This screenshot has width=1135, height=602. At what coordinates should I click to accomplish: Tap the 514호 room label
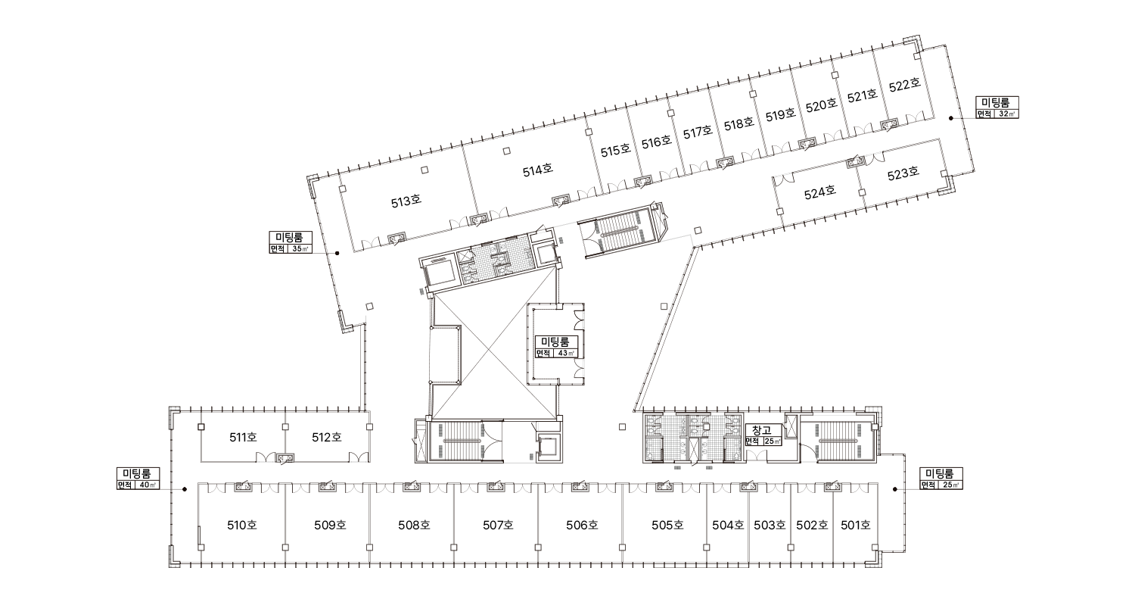click(x=537, y=170)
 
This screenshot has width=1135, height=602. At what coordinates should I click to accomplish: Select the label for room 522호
click(x=904, y=85)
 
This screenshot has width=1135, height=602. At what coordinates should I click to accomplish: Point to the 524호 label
click(x=819, y=192)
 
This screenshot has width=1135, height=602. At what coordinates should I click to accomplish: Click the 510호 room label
click(x=242, y=525)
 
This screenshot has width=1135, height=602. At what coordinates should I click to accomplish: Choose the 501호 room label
click(x=856, y=525)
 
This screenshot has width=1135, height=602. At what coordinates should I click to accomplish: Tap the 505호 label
click(x=667, y=525)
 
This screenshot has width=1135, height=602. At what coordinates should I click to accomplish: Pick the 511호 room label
click(x=243, y=437)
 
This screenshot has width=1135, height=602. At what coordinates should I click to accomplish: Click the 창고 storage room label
click(x=762, y=431)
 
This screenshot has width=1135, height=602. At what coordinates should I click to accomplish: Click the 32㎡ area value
click(x=1006, y=114)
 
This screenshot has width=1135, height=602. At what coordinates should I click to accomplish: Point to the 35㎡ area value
click(x=300, y=248)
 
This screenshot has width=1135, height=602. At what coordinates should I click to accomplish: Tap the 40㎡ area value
click(x=148, y=485)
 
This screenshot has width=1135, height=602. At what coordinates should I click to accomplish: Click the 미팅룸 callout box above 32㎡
click(x=997, y=102)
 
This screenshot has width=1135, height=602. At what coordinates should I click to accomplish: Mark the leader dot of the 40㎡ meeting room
click(x=185, y=489)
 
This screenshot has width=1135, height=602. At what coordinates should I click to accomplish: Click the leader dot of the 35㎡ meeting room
click(x=337, y=253)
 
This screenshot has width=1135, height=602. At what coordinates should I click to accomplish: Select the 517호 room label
click(x=698, y=133)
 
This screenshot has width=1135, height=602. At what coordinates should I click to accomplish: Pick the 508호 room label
click(x=414, y=525)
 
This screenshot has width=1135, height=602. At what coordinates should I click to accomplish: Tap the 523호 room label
click(x=903, y=174)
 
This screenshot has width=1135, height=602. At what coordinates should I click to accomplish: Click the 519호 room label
click(x=780, y=114)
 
